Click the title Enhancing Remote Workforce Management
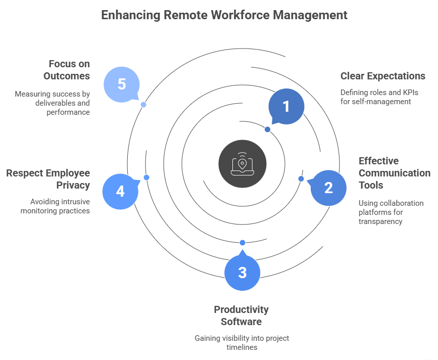pyautogui.click(x=224, y=15)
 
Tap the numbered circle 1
pyautogui.click(x=286, y=107)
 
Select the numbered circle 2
pyautogui.click(x=328, y=188)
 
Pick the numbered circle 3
pyautogui.click(x=242, y=273)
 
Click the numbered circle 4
pyautogui.click(x=120, y=192)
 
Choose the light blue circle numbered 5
pyautogui.click(x=121, y=84)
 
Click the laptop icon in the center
pyautogui.click(x=242, y=163)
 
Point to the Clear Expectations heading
pyautogui.click(x=382, y=76)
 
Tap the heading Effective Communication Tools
pyautogui.click(x=394, y=173)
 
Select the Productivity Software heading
pyautogui.click(x=241, y=316)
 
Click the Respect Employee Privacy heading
pyautogui.click(x=48, y=179)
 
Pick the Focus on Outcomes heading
pyautogui.click(x=69, y=70)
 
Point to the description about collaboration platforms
pyautogui.click(x=384, y=212)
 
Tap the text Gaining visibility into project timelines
pyautogui.click(x=241, y=342)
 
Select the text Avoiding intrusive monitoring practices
pyautogui.click(x=56, y=206)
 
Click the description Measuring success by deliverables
pyautogui.click(x=53, y=103)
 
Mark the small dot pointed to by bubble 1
pyautogui.click(x=267, y=129)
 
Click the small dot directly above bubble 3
pyautogui.click(x=242, y=242)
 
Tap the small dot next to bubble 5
pyautogui.click(x=143, y=105)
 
